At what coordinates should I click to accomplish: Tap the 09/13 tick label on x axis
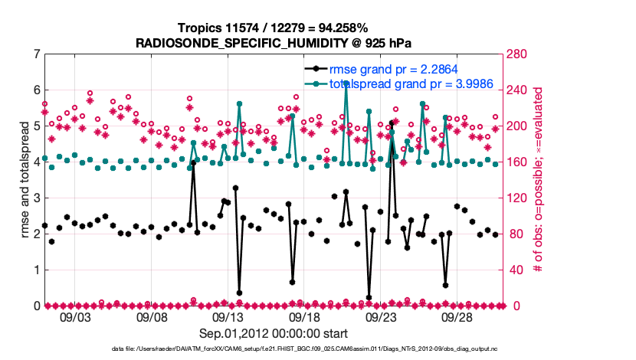tap(228, 316)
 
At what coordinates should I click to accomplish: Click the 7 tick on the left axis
tap(35, 54)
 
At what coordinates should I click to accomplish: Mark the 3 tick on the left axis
tap(35, 198)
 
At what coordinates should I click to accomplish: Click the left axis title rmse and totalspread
tap(22, 180)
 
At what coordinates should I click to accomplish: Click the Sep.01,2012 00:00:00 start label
tap(274, 333)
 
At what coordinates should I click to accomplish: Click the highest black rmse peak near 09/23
tap(392, 123)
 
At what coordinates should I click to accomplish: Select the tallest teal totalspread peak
tap(346, 82)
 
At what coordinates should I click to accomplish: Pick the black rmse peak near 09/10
tap(193, 163)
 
